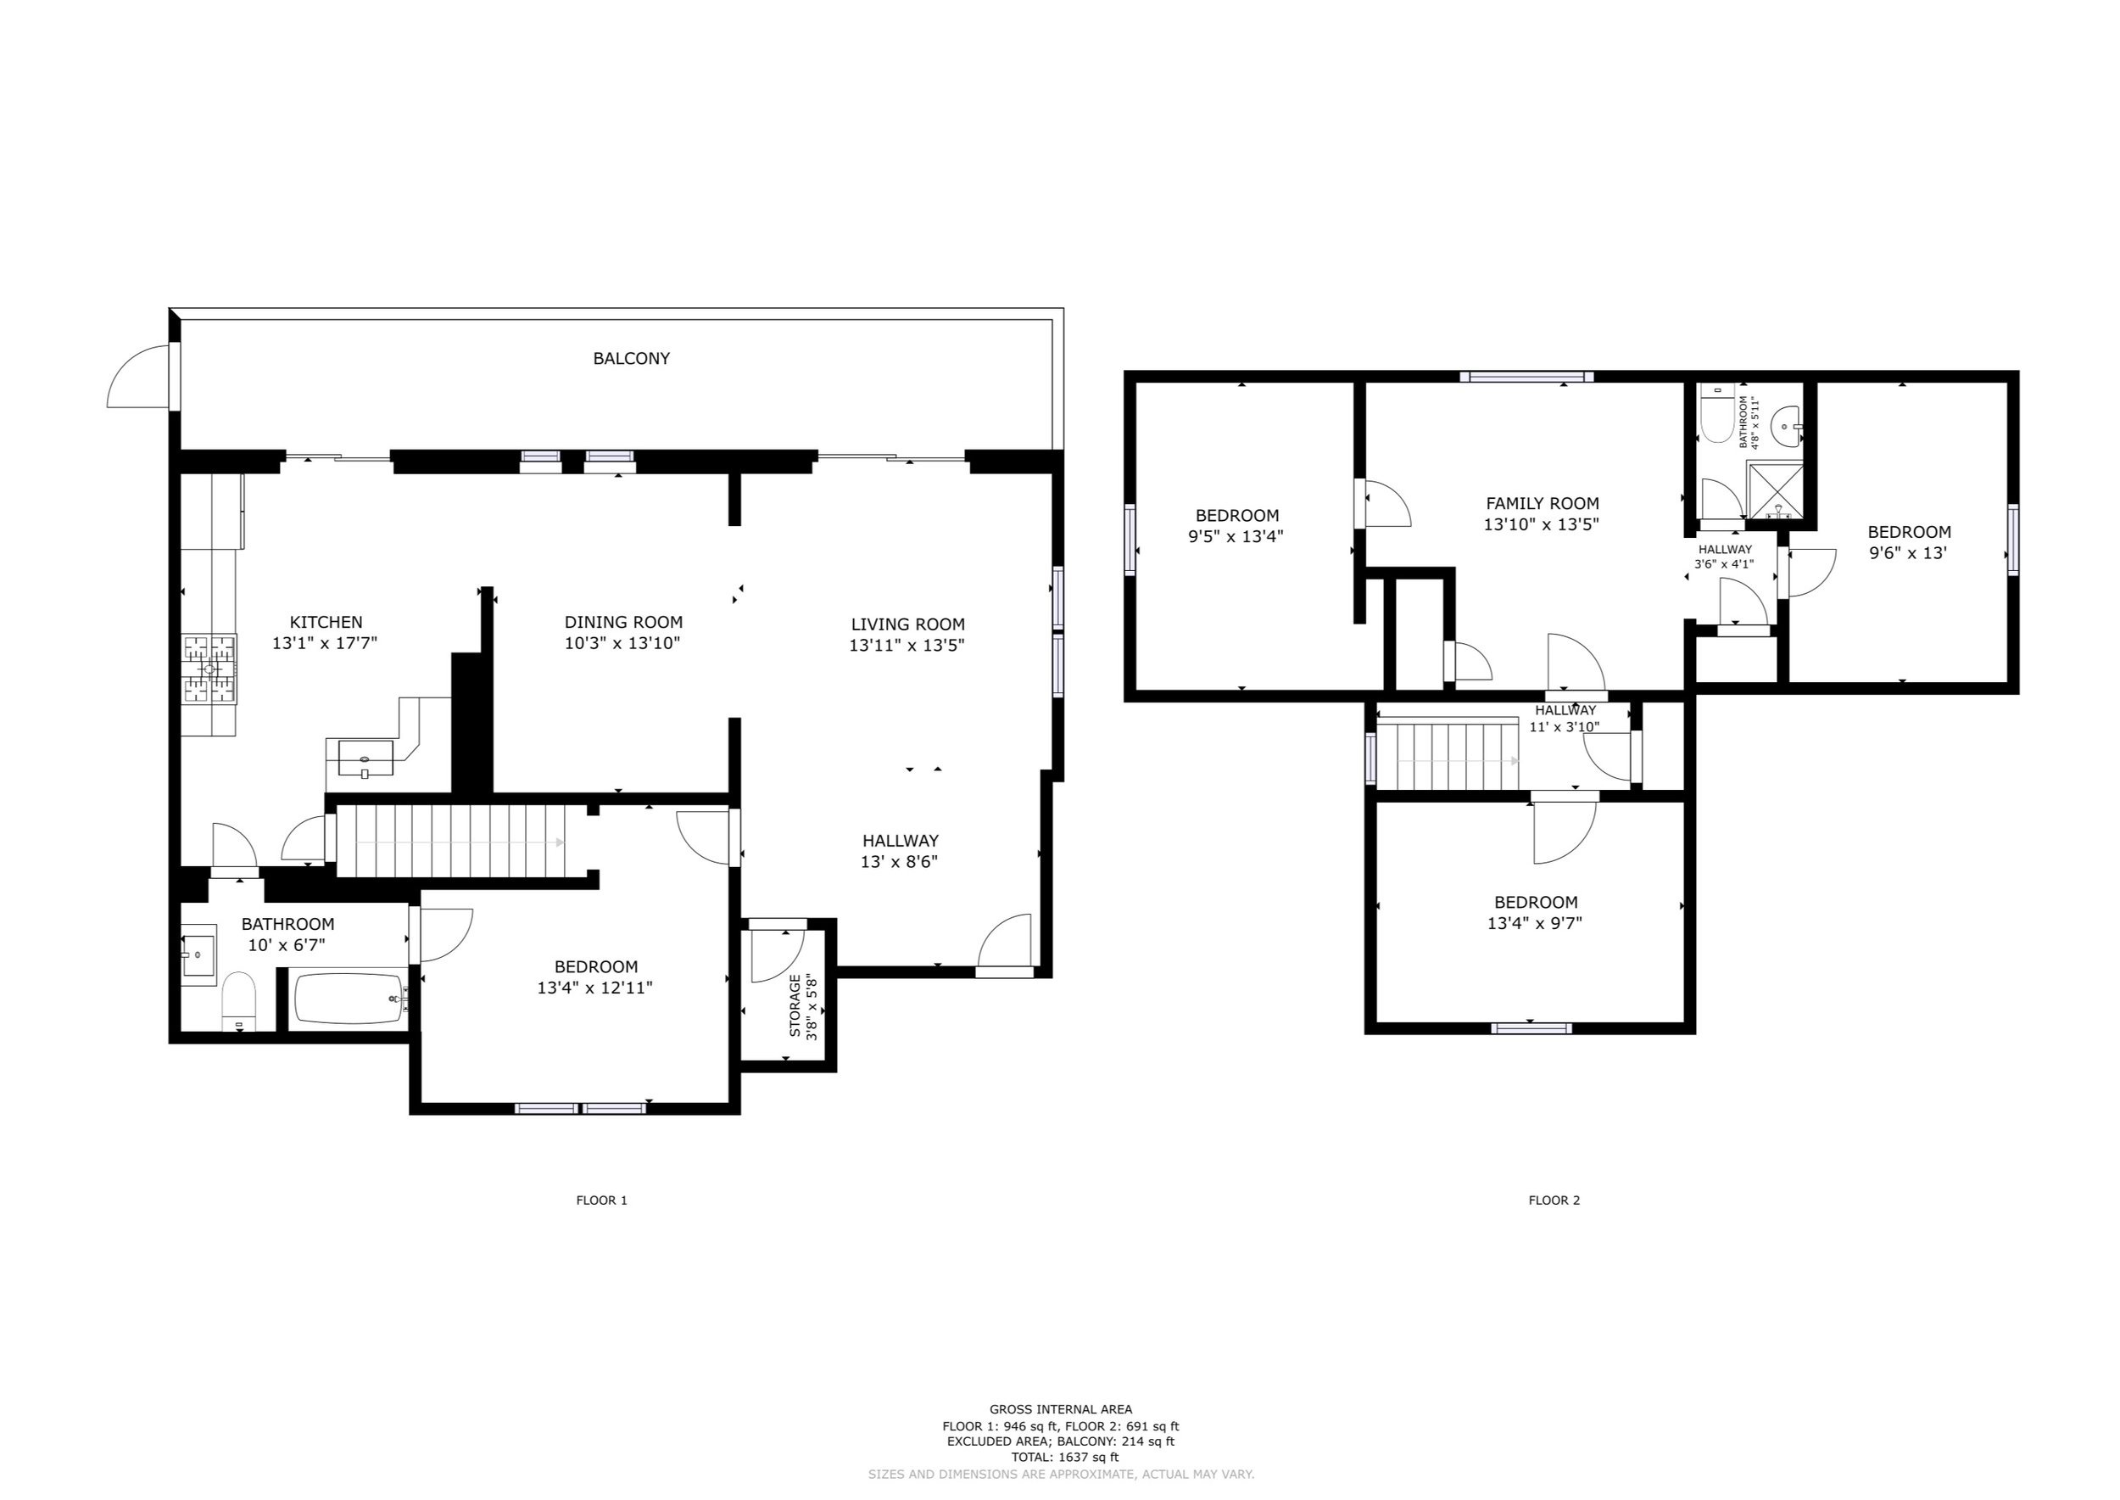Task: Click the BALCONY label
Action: point(631,358)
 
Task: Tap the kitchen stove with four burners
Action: point(209,669)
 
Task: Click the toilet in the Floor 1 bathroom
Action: point(238,1000)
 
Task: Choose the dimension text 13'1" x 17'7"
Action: point(325,644)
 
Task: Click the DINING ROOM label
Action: point(623,623)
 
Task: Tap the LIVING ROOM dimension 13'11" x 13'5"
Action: point(907,646)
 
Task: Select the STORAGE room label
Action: point(795,1005)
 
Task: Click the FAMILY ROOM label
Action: point(1542,503)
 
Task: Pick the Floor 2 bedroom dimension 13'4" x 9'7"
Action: point(1535,923)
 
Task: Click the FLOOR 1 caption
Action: point(601,1201)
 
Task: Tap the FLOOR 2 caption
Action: point(1554,1201)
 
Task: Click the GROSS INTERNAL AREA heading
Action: point(1060,1409)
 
